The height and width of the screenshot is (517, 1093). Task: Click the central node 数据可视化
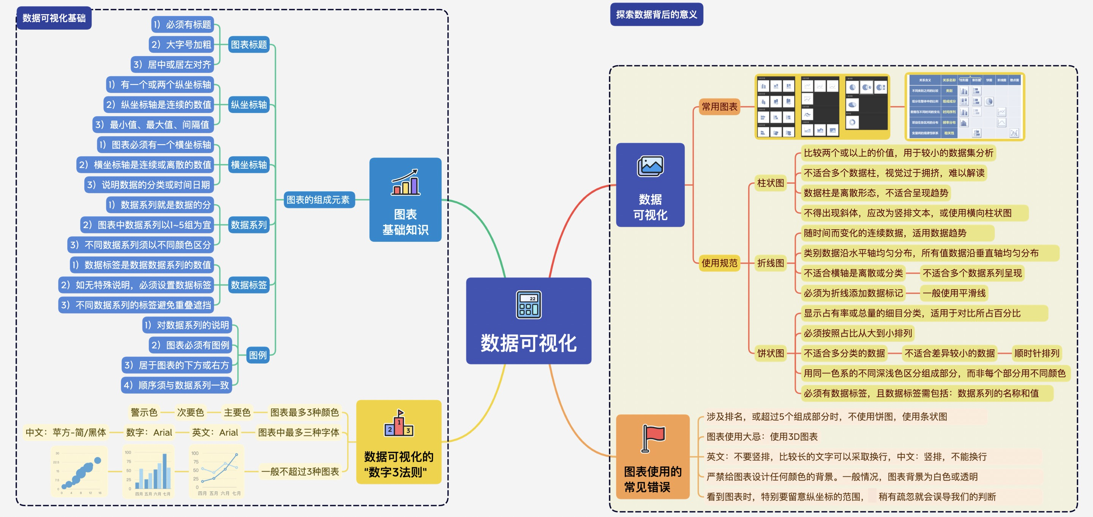(x=528, y=343)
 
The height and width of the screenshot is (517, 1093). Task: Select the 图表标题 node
(x=249, y=44)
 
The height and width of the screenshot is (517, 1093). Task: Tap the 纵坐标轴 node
(x=249, y=105)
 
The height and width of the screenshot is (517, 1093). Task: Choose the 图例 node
(x=257, y=355)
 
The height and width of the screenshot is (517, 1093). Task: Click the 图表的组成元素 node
(x=318, y=200)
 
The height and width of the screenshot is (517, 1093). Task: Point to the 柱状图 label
(x=771, y=183)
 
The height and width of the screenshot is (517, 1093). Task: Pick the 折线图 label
(x=771, y=263)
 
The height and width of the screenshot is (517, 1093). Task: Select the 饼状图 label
(x=771, y=353)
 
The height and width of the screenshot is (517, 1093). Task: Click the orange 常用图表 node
(x=719, y=106)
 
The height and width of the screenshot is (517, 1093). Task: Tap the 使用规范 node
(x=719, y=263)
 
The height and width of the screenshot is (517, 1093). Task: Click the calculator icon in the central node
(x=528, y=304)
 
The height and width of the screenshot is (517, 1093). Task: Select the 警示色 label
(x=144, y=412)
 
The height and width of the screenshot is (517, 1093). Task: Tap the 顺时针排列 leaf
(x=1036, y=353)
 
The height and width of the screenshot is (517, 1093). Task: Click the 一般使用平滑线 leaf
(x=954, y=293)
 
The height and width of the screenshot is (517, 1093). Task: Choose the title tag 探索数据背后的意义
(x=656, y=14)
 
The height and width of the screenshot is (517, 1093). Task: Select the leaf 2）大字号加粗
(x=181, y=44)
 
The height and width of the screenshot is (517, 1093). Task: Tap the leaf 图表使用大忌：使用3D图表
(x=761, y=437)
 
